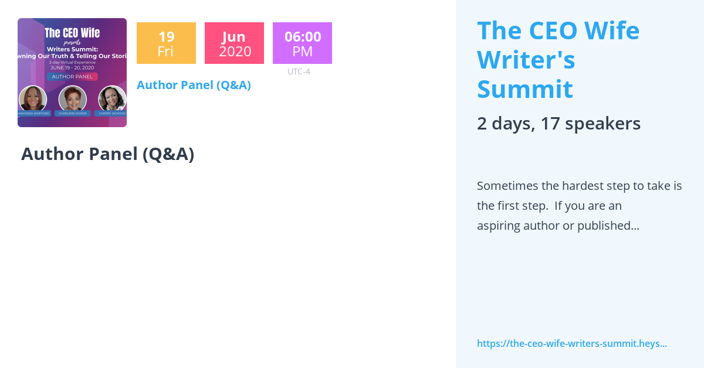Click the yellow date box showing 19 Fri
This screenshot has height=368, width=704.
click(x=166, y=43)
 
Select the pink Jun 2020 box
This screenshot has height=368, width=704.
click(x=234, y=43)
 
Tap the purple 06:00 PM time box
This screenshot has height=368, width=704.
click(x=302, y=43)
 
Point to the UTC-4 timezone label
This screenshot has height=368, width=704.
click(x=299, y=71)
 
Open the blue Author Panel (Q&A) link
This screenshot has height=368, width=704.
click(x=194, y=85)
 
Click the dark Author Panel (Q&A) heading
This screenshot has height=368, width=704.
click(x=107, y=154)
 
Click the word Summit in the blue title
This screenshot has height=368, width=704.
click(x=524, y=90)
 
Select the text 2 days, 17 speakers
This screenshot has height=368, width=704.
click(x=559, y=124)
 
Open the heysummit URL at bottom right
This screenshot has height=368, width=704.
click(x=571, y=343)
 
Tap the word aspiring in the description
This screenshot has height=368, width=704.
click(x=498, y=226)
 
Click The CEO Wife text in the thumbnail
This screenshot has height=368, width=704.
click(x=72, y=33)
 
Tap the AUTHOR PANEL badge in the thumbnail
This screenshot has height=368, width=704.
click(x=72, y=76)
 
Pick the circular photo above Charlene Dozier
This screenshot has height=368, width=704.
click(x=72, y=98)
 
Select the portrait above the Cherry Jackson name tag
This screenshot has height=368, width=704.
click(x=111, y=98)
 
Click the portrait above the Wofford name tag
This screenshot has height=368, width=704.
click(x=33, y=98)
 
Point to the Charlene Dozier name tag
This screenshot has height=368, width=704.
click(x=72, y=114)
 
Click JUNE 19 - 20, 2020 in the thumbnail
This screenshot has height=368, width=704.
click(x=72, y=67)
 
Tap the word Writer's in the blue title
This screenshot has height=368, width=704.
click(x=526, y=60)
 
